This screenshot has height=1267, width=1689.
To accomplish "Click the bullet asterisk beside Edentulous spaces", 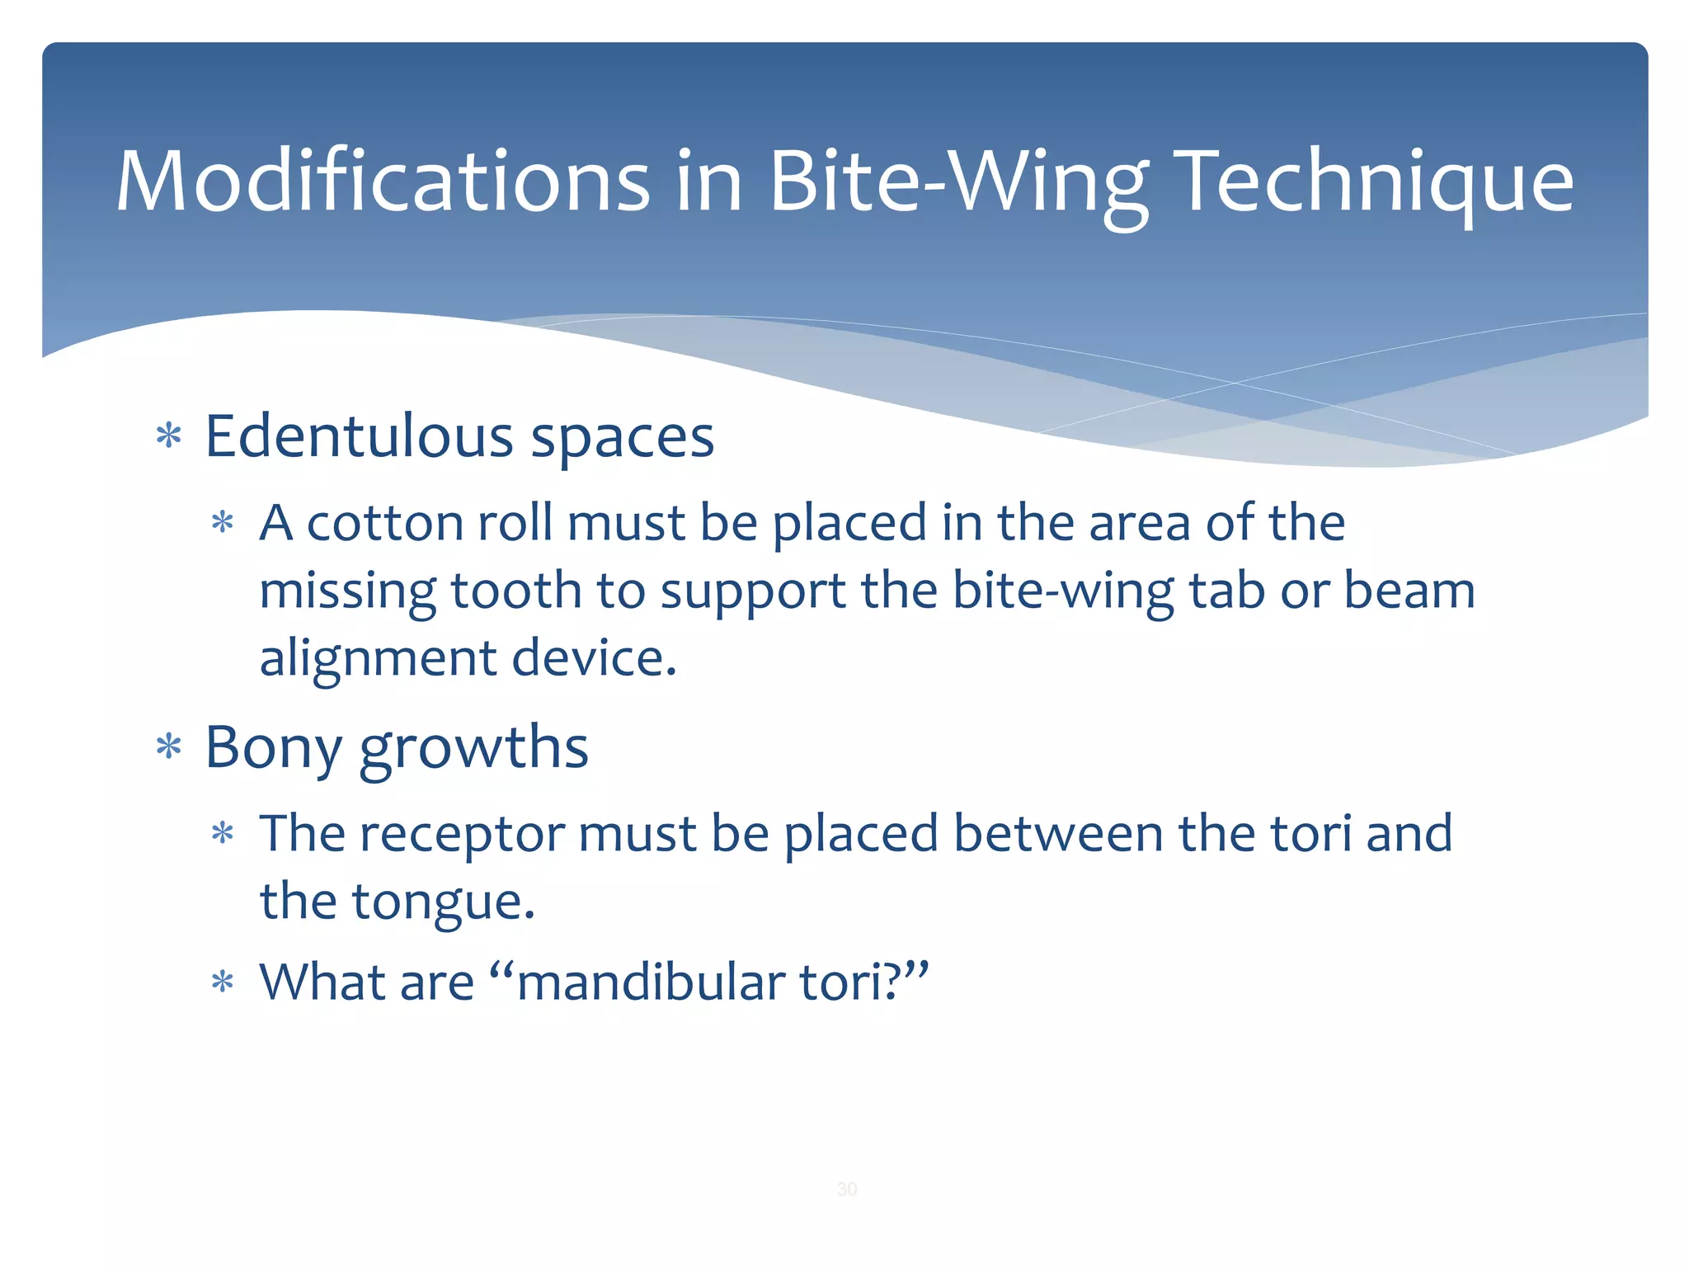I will pyautogui.click(x=169, y=436).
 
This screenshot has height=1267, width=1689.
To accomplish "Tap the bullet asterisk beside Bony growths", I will pyautogui.click(x=169, y=747).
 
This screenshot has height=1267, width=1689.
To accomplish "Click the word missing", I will pyautogui.click(x=347, y=591).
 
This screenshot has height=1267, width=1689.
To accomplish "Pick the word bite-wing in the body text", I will pyautogui.click(x=1063, y=591).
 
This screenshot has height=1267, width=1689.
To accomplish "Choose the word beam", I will pyautogui.click(x=1409, y=591).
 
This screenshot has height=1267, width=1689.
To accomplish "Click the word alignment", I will pyautogui.click(x=379, y=658).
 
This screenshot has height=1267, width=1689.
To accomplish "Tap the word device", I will pyautogui.click(x=594, y=658).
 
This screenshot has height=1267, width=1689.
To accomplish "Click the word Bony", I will pyautogui.click(x=273, y=747).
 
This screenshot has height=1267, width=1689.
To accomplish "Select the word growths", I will pyautogui.click(x=474, y=747).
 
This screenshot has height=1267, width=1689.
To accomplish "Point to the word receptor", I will pyautogui.click(x=462, y=834).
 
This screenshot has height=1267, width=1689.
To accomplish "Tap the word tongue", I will pyautogui.click(x=444, y=902).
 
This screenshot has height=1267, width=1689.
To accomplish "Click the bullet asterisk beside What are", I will pyautogui.click(x=223, y=982).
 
